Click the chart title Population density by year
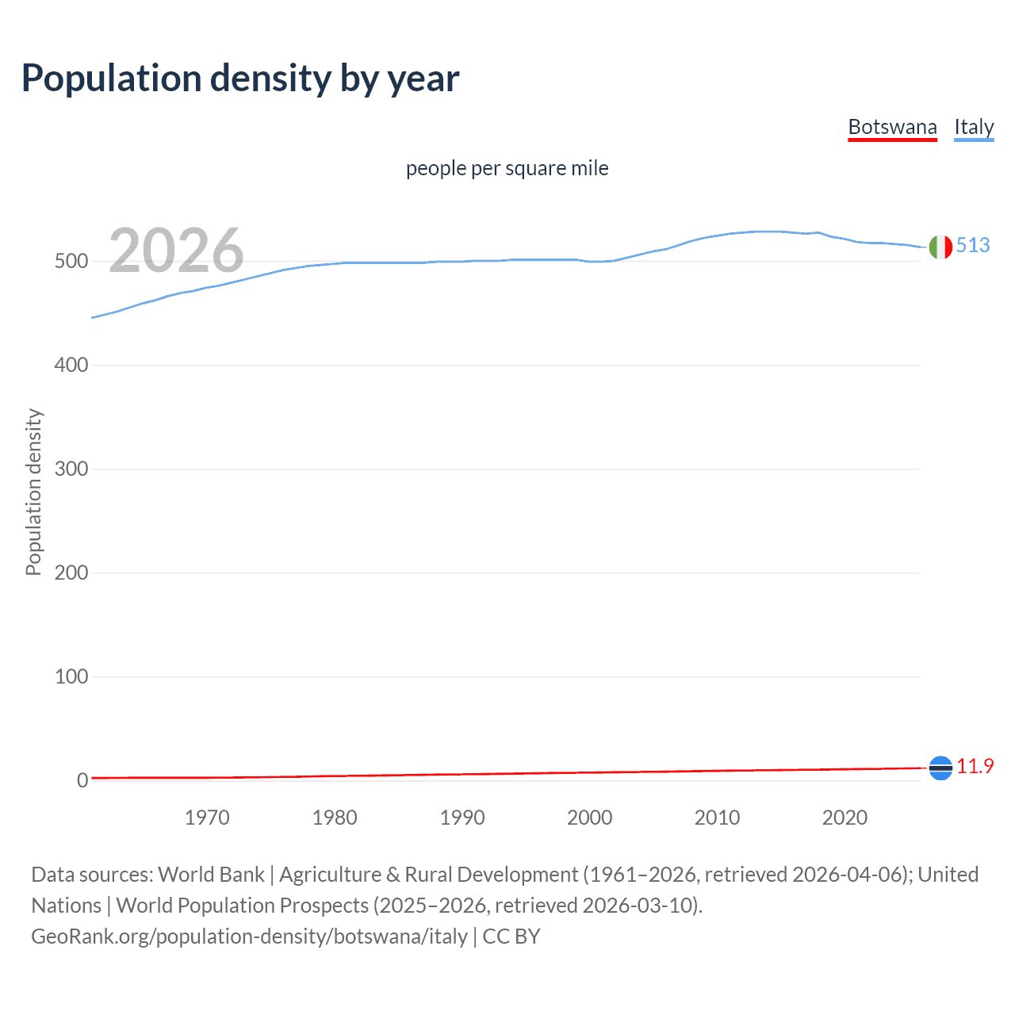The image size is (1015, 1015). point(240,79)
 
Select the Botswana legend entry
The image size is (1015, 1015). point(892,127)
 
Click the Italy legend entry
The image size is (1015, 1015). point(974,127)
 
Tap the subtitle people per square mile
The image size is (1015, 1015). point(507,169)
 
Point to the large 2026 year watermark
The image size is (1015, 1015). point(176,251)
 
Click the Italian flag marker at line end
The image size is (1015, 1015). point(940,247)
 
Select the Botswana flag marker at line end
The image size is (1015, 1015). point(940,768)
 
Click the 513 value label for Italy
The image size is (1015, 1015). point(973,245)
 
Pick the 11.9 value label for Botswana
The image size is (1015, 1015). point(975,766)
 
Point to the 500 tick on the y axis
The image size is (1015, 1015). point(71,262)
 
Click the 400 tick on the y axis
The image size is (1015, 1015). point(71,366)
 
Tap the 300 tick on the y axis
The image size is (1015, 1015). point(71,469)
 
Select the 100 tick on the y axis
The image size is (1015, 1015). point(71,677)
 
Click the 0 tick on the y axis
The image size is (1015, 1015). point(82,781)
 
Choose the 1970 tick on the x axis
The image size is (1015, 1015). point(207,818)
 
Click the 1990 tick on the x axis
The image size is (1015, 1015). point(462,818)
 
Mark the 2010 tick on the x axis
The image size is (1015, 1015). point(717,818)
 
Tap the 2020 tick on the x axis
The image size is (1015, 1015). point(845,818)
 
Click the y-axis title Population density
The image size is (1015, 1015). point(33,492)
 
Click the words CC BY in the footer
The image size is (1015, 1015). point(511,936)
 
